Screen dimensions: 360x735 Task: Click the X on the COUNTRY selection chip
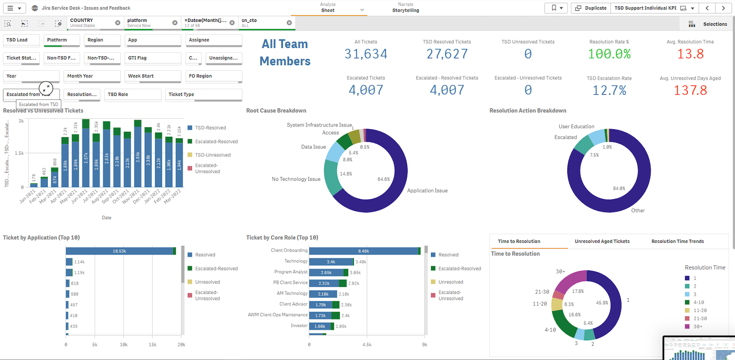tap(117, 23)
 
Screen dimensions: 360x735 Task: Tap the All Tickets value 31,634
tap(366, 54)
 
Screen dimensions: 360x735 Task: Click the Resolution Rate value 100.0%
tap(609, 54)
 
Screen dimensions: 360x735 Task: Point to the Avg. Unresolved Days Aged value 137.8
tap(690, 90)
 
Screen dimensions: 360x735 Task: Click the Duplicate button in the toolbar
tap(591, 8)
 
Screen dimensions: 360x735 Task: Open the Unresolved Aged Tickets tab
tap(602, 241)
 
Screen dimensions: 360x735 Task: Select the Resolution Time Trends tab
tap(677, 241)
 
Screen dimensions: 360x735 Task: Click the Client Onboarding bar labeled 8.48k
tap(363, 251)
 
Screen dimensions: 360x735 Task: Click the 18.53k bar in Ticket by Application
tap(119, 251)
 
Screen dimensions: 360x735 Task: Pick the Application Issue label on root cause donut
tap(427, 191)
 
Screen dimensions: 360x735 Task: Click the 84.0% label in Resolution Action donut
tap(619, 189)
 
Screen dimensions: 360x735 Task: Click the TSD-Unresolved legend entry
tap(213, 155)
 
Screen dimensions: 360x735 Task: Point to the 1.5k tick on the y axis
tap(19, 153)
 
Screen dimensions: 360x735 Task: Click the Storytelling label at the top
tap(405, 10)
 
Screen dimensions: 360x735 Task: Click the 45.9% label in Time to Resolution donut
tap(602, 303)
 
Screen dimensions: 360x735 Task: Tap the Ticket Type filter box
tap(204, 95)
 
